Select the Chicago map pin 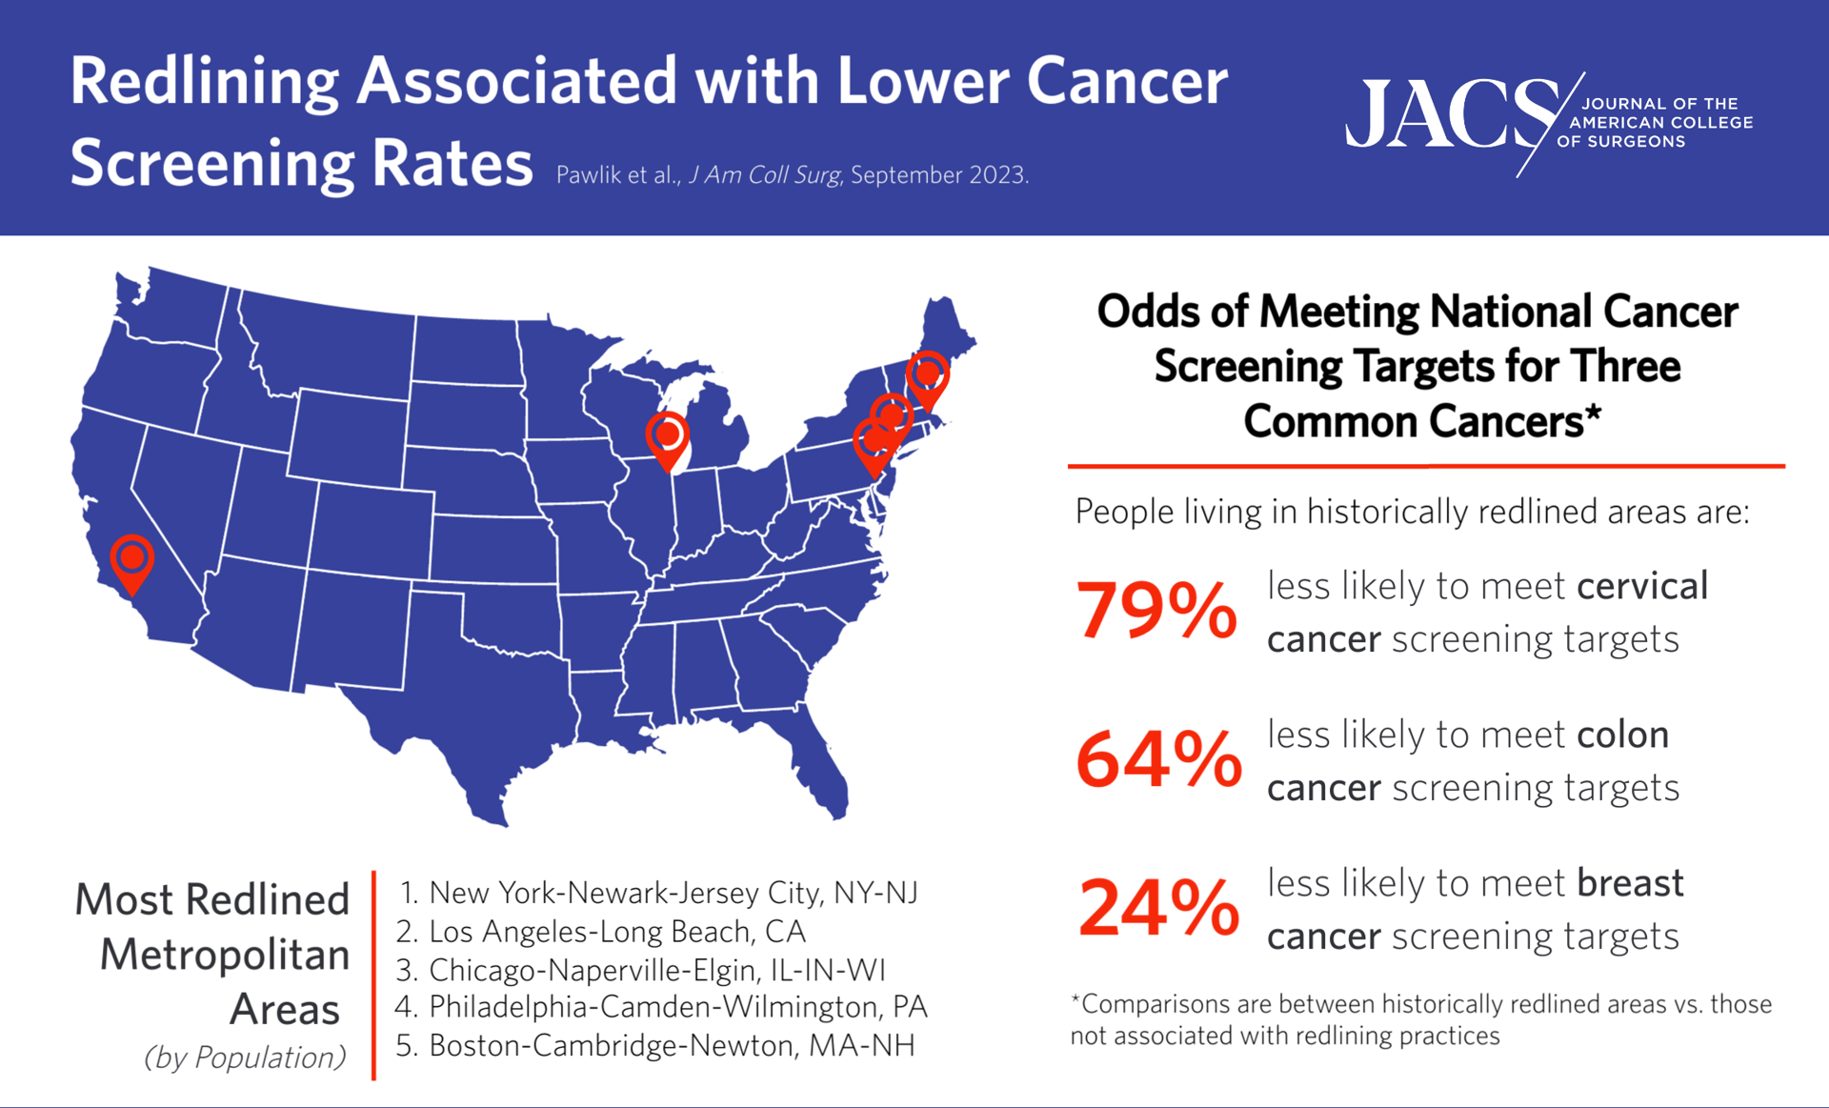click(x=668, y=437)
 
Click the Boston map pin click(x=928, y=375)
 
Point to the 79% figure click(x=1156, y=611)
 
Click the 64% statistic click(x=1158, y=759)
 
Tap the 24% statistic click(x=1158, y=908)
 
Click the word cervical click(x=1642, y=586)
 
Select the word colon click(x=1622, y=735)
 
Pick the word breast click(x=1630, y=883)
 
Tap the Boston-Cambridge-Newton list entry click(x=671, y=1045)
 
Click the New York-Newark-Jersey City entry click(x=673, y=893)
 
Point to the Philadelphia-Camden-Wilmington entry click(x=676, y=1007)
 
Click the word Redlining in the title click(x=204, y=82)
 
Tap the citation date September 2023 click(x=938, y=175)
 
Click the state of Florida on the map click(x=819, y=762)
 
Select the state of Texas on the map click(x=476, y=695)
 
